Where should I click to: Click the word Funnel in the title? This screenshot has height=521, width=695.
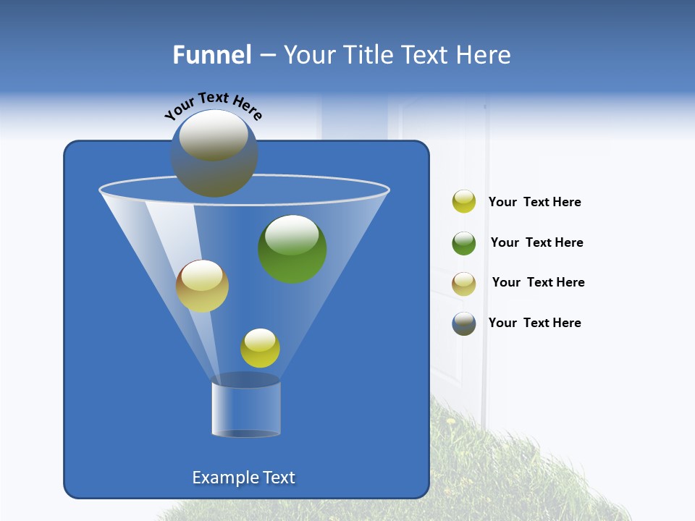(x=211, y=55)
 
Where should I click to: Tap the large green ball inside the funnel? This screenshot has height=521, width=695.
(x=292, y=249)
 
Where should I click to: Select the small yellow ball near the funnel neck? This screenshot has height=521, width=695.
(x=260, y=348)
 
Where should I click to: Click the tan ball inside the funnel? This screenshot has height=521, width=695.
(x=202, y=286)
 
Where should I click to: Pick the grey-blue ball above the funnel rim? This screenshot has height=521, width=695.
(x=214, y=153)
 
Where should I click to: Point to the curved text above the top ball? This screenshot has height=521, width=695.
(x=213, y=105)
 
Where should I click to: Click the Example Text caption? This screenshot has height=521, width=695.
(x=244, y=478)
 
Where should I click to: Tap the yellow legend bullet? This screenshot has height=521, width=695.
(x=464, y=202)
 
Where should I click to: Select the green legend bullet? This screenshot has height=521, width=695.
(x=464, y=243)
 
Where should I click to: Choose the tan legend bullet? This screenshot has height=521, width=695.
(x=464, y=284)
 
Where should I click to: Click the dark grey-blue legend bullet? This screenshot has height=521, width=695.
(x=464, y=323)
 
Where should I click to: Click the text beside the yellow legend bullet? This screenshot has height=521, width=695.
(x=535, y=202)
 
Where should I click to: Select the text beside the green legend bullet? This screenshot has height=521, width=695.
(x=536, y=242)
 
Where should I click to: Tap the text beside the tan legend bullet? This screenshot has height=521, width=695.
(x=538, y=282)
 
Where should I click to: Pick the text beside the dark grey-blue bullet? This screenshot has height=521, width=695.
(x=535, y=323)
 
